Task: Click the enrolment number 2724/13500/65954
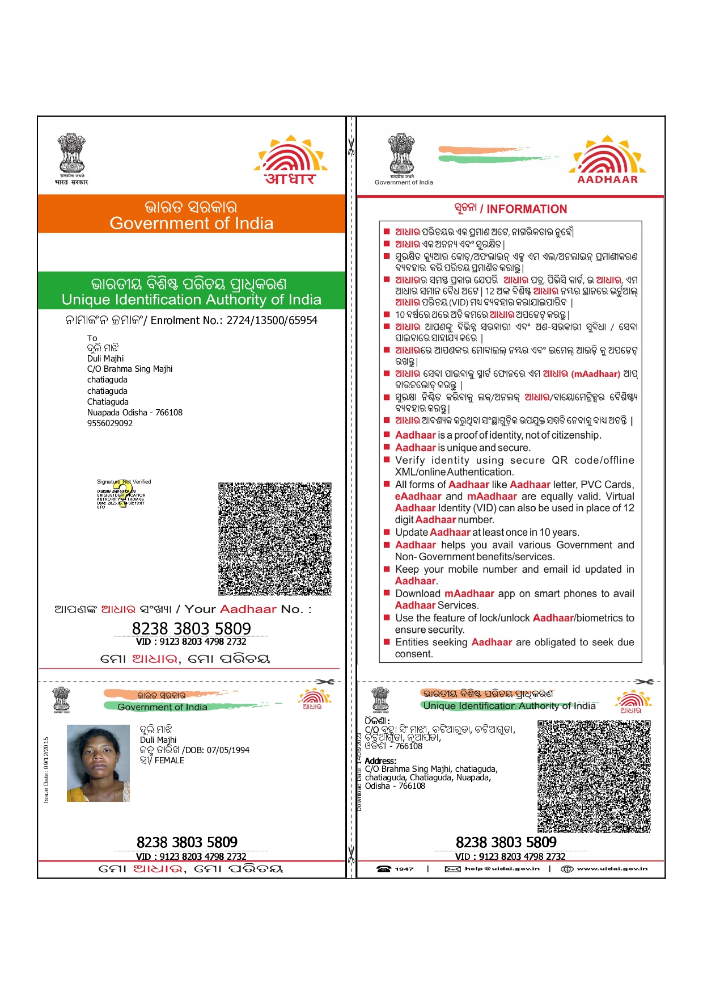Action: coord(272,321)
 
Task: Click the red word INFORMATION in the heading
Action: coord(527,209)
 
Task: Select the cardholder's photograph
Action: coord(98,763)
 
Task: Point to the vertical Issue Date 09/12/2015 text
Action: coord(46,770)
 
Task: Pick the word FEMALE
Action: coord(170,760)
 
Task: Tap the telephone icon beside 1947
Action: coord(384,869)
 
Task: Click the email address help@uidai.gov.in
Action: coord(502,869)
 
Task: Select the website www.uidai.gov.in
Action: coord(612,869)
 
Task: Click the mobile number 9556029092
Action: coord(110,423)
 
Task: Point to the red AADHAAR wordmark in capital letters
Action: coord(607,179)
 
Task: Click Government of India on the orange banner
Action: coord(192,224)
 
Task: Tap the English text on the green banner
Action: coord(192,300)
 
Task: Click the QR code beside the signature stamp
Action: coord(275,539)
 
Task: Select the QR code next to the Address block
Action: coord(594,776)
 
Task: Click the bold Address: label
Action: coord(380,761)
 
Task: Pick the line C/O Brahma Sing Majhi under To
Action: coord(130,369)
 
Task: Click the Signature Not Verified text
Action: coord(124,482)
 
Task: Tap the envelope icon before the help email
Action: coord(452,869)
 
